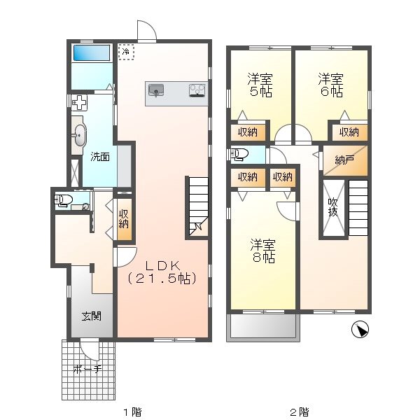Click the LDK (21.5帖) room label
[163, 272]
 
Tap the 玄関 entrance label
[91, 316]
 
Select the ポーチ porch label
[87, 370]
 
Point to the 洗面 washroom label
[100, 157]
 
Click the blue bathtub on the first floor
[92, 53]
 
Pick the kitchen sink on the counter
[156, 90]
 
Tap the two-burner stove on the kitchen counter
[196, 90]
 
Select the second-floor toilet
[239, 154]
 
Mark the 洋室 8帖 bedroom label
[263, 251]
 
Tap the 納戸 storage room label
[344, 160]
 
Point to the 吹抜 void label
[334, 208]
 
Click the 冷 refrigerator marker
[126, 51]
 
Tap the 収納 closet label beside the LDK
[124, 219]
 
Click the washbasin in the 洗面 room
[78, 134]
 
